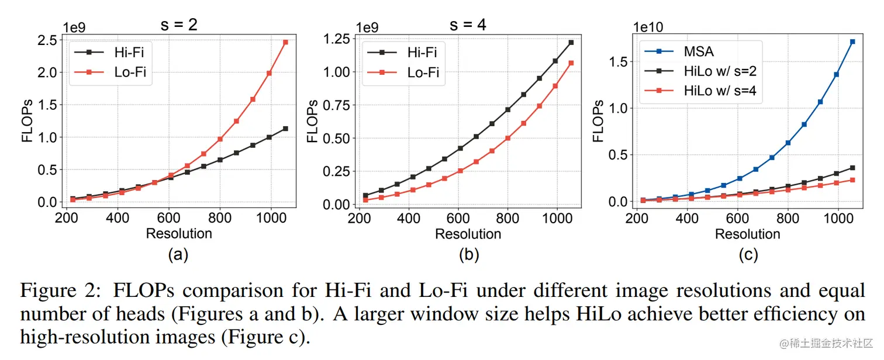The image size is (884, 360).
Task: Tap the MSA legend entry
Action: point(699,52)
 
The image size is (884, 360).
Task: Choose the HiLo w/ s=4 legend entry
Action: point(722,91)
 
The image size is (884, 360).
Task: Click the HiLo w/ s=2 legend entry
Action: point(722,71)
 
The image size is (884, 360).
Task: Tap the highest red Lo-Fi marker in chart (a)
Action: point(285,42)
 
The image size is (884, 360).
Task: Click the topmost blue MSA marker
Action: point(853,41)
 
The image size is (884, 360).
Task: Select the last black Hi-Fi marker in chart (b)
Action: point(571,42)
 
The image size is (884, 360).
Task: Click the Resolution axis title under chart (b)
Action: point(468,234)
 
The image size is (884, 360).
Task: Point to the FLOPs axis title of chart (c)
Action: point(598,122)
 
